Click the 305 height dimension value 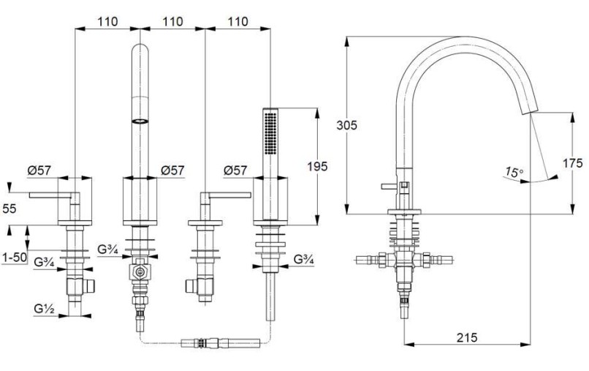(346, 125)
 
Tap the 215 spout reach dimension (467, 337)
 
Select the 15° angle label (514, 173)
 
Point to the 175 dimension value (572, 163)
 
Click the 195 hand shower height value (317, 166)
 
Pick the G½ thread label (44, 309)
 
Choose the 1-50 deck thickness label (15, 258)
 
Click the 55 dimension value (9, 209)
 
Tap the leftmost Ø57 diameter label (39, 170)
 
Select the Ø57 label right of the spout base (172, 170)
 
